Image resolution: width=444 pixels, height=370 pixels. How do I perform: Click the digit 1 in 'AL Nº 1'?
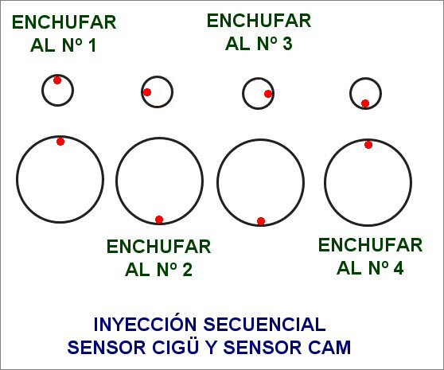(x=92, y=45)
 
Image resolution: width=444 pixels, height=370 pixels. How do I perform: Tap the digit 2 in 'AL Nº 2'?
(x=187, y=270)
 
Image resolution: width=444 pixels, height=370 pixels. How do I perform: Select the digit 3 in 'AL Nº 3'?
(x=286, y=44)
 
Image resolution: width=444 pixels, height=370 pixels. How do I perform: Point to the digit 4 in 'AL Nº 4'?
(x=399, y=268)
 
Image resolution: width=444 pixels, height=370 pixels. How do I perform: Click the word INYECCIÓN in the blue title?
(x=145, y=325)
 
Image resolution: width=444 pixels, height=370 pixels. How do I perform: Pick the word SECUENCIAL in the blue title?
(x=264, y=325)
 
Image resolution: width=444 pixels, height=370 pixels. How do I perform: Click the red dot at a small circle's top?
(x=57, y=80)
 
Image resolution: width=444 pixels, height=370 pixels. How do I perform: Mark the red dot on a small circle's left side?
(x=147, y=92)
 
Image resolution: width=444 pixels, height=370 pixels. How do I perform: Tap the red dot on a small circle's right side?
(x=268, y=94)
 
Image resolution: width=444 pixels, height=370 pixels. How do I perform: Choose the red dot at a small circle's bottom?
(x=365, y=103)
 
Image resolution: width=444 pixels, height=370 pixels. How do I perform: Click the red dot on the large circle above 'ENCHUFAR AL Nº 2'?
(x=159, y=220)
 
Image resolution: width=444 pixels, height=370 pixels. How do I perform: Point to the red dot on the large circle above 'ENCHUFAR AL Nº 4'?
(x=368, y=145)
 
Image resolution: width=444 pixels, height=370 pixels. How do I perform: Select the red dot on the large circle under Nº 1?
(x=60, y=142)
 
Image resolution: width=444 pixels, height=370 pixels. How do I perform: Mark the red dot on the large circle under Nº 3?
(x=261, y=221)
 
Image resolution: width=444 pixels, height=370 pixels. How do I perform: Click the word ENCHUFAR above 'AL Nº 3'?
(x=259, y=21)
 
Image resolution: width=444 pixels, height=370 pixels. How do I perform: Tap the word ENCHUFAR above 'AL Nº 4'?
(x=370, y=245)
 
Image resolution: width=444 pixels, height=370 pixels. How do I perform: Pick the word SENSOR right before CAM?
(x=263, y=348)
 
